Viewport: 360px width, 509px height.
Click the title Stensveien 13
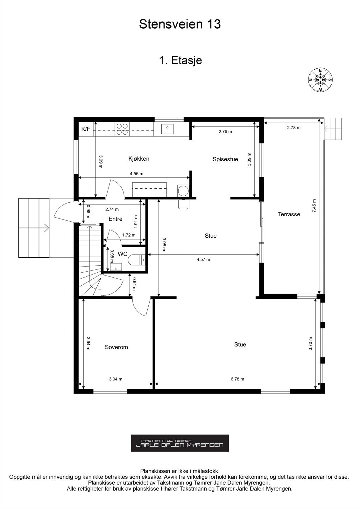[180, 24]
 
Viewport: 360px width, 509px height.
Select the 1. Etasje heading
[180, 60]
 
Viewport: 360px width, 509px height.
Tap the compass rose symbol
[320, 80]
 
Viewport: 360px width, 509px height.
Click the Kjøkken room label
[139, 159]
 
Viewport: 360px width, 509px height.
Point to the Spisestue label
[225, 159]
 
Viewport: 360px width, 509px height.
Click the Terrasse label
[289, 214]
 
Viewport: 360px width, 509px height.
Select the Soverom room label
[116, 347]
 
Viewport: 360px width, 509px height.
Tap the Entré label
[116, 219]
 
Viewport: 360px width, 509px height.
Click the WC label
[123, 254]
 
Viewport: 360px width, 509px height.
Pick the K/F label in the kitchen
[86, 129]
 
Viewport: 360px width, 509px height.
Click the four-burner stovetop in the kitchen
[122, 129]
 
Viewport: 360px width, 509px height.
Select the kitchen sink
[167, 129]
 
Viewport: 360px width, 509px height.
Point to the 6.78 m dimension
[237, 379]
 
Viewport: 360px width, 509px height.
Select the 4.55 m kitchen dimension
[137, 174]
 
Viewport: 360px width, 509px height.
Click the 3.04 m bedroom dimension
[116, 379]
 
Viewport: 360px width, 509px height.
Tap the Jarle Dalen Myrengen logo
[180, 443]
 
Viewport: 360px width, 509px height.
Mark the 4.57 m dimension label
[203, 259]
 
